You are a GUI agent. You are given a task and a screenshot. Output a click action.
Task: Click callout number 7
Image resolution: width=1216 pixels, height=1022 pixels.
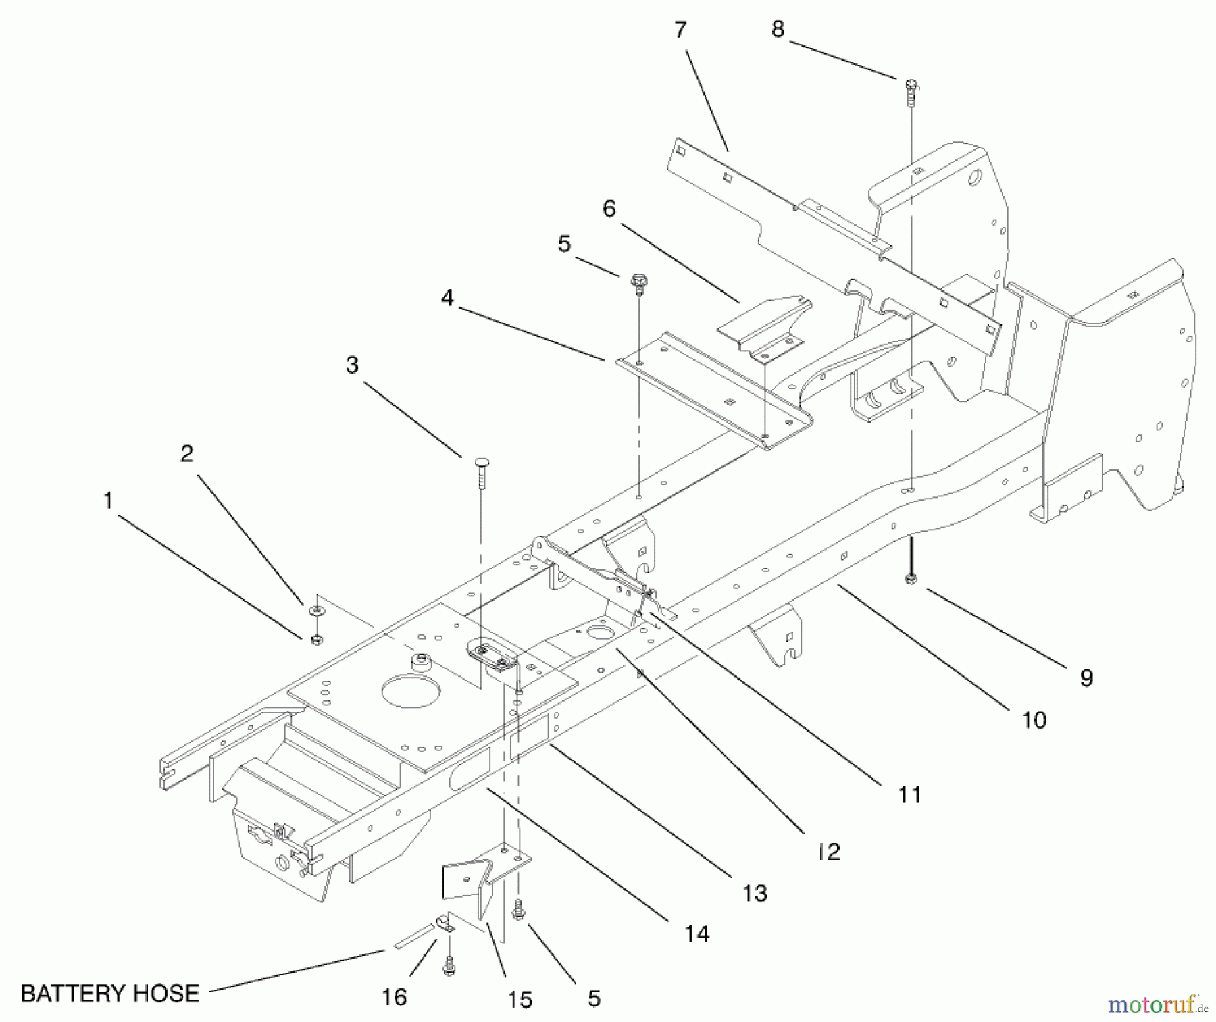click(x=680, y=30)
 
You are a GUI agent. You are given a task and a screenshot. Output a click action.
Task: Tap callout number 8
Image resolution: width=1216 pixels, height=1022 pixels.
click(x=778, y=30)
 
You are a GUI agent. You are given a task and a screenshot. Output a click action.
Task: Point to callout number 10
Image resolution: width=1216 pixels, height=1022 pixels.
click(x=1034, y=720)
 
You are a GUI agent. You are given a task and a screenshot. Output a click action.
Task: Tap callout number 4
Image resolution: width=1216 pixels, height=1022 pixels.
click(x=447, y=297)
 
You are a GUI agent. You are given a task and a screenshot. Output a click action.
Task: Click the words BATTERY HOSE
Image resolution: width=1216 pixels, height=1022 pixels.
click(x=110, y=993)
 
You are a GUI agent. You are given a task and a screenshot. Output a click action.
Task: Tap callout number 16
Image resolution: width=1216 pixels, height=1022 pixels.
click(x=395, y=996)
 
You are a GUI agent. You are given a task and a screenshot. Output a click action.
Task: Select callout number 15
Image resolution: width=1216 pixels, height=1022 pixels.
click(x=520, y=999)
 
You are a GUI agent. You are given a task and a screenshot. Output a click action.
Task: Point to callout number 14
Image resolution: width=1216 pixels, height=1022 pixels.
click(x=696, y=934)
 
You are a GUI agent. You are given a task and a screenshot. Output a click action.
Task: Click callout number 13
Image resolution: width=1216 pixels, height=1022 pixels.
click(x=755, y=893)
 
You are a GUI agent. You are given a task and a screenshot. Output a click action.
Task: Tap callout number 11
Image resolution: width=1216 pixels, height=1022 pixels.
click(x=909, y=794)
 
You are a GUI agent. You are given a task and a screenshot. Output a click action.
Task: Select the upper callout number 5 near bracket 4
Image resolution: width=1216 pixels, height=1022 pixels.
click(x=564, y=244)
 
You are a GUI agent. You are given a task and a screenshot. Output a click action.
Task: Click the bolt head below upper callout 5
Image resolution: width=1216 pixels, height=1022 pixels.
click(x=638, y=280)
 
